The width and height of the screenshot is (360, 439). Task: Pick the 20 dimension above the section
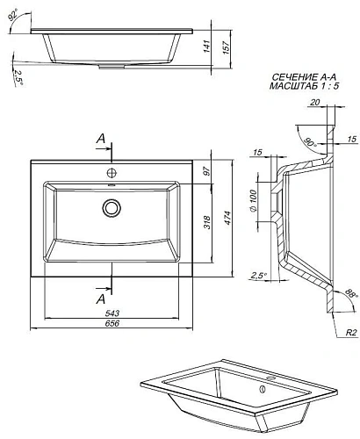click(313, 102)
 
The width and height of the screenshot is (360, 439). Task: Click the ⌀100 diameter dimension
click(253, 201)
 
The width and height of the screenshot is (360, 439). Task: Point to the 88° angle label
click(349, 295)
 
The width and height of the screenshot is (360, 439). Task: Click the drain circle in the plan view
click(112, 208)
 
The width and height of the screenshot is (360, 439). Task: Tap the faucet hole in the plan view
click(112, 170)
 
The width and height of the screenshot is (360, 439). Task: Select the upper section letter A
click(102, 139)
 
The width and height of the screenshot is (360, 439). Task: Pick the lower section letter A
click(102, 299)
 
